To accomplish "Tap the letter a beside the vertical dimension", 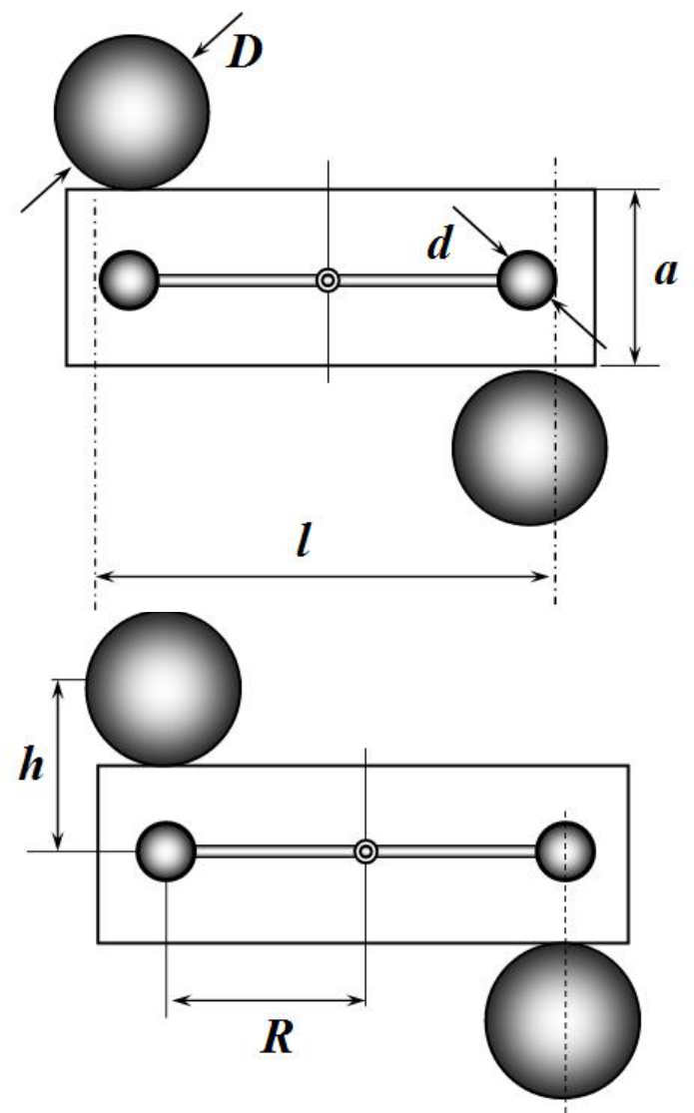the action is pos(666,273).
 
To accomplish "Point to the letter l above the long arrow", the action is pos(304,541).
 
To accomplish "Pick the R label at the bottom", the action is pos(277,1037).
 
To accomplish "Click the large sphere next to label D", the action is pos(132,112).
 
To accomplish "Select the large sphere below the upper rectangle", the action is pos(529,448).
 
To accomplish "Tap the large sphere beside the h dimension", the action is pos(164,689).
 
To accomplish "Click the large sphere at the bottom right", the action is pos(562,1021).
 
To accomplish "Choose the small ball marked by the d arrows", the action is pos(526,280).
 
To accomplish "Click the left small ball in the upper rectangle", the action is pos(129,280).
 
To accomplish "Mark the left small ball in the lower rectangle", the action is pos(166,851).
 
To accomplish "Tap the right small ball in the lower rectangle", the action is pos(565,851).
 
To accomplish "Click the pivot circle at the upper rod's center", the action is pos(328,280).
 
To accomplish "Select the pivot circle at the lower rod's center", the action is pos(365,851).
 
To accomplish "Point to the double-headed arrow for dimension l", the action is pos(322,577).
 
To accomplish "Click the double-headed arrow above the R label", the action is pos(269,1001).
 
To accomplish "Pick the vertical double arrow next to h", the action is pos(59,765).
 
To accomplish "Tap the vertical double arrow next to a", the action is pos(636,278).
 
